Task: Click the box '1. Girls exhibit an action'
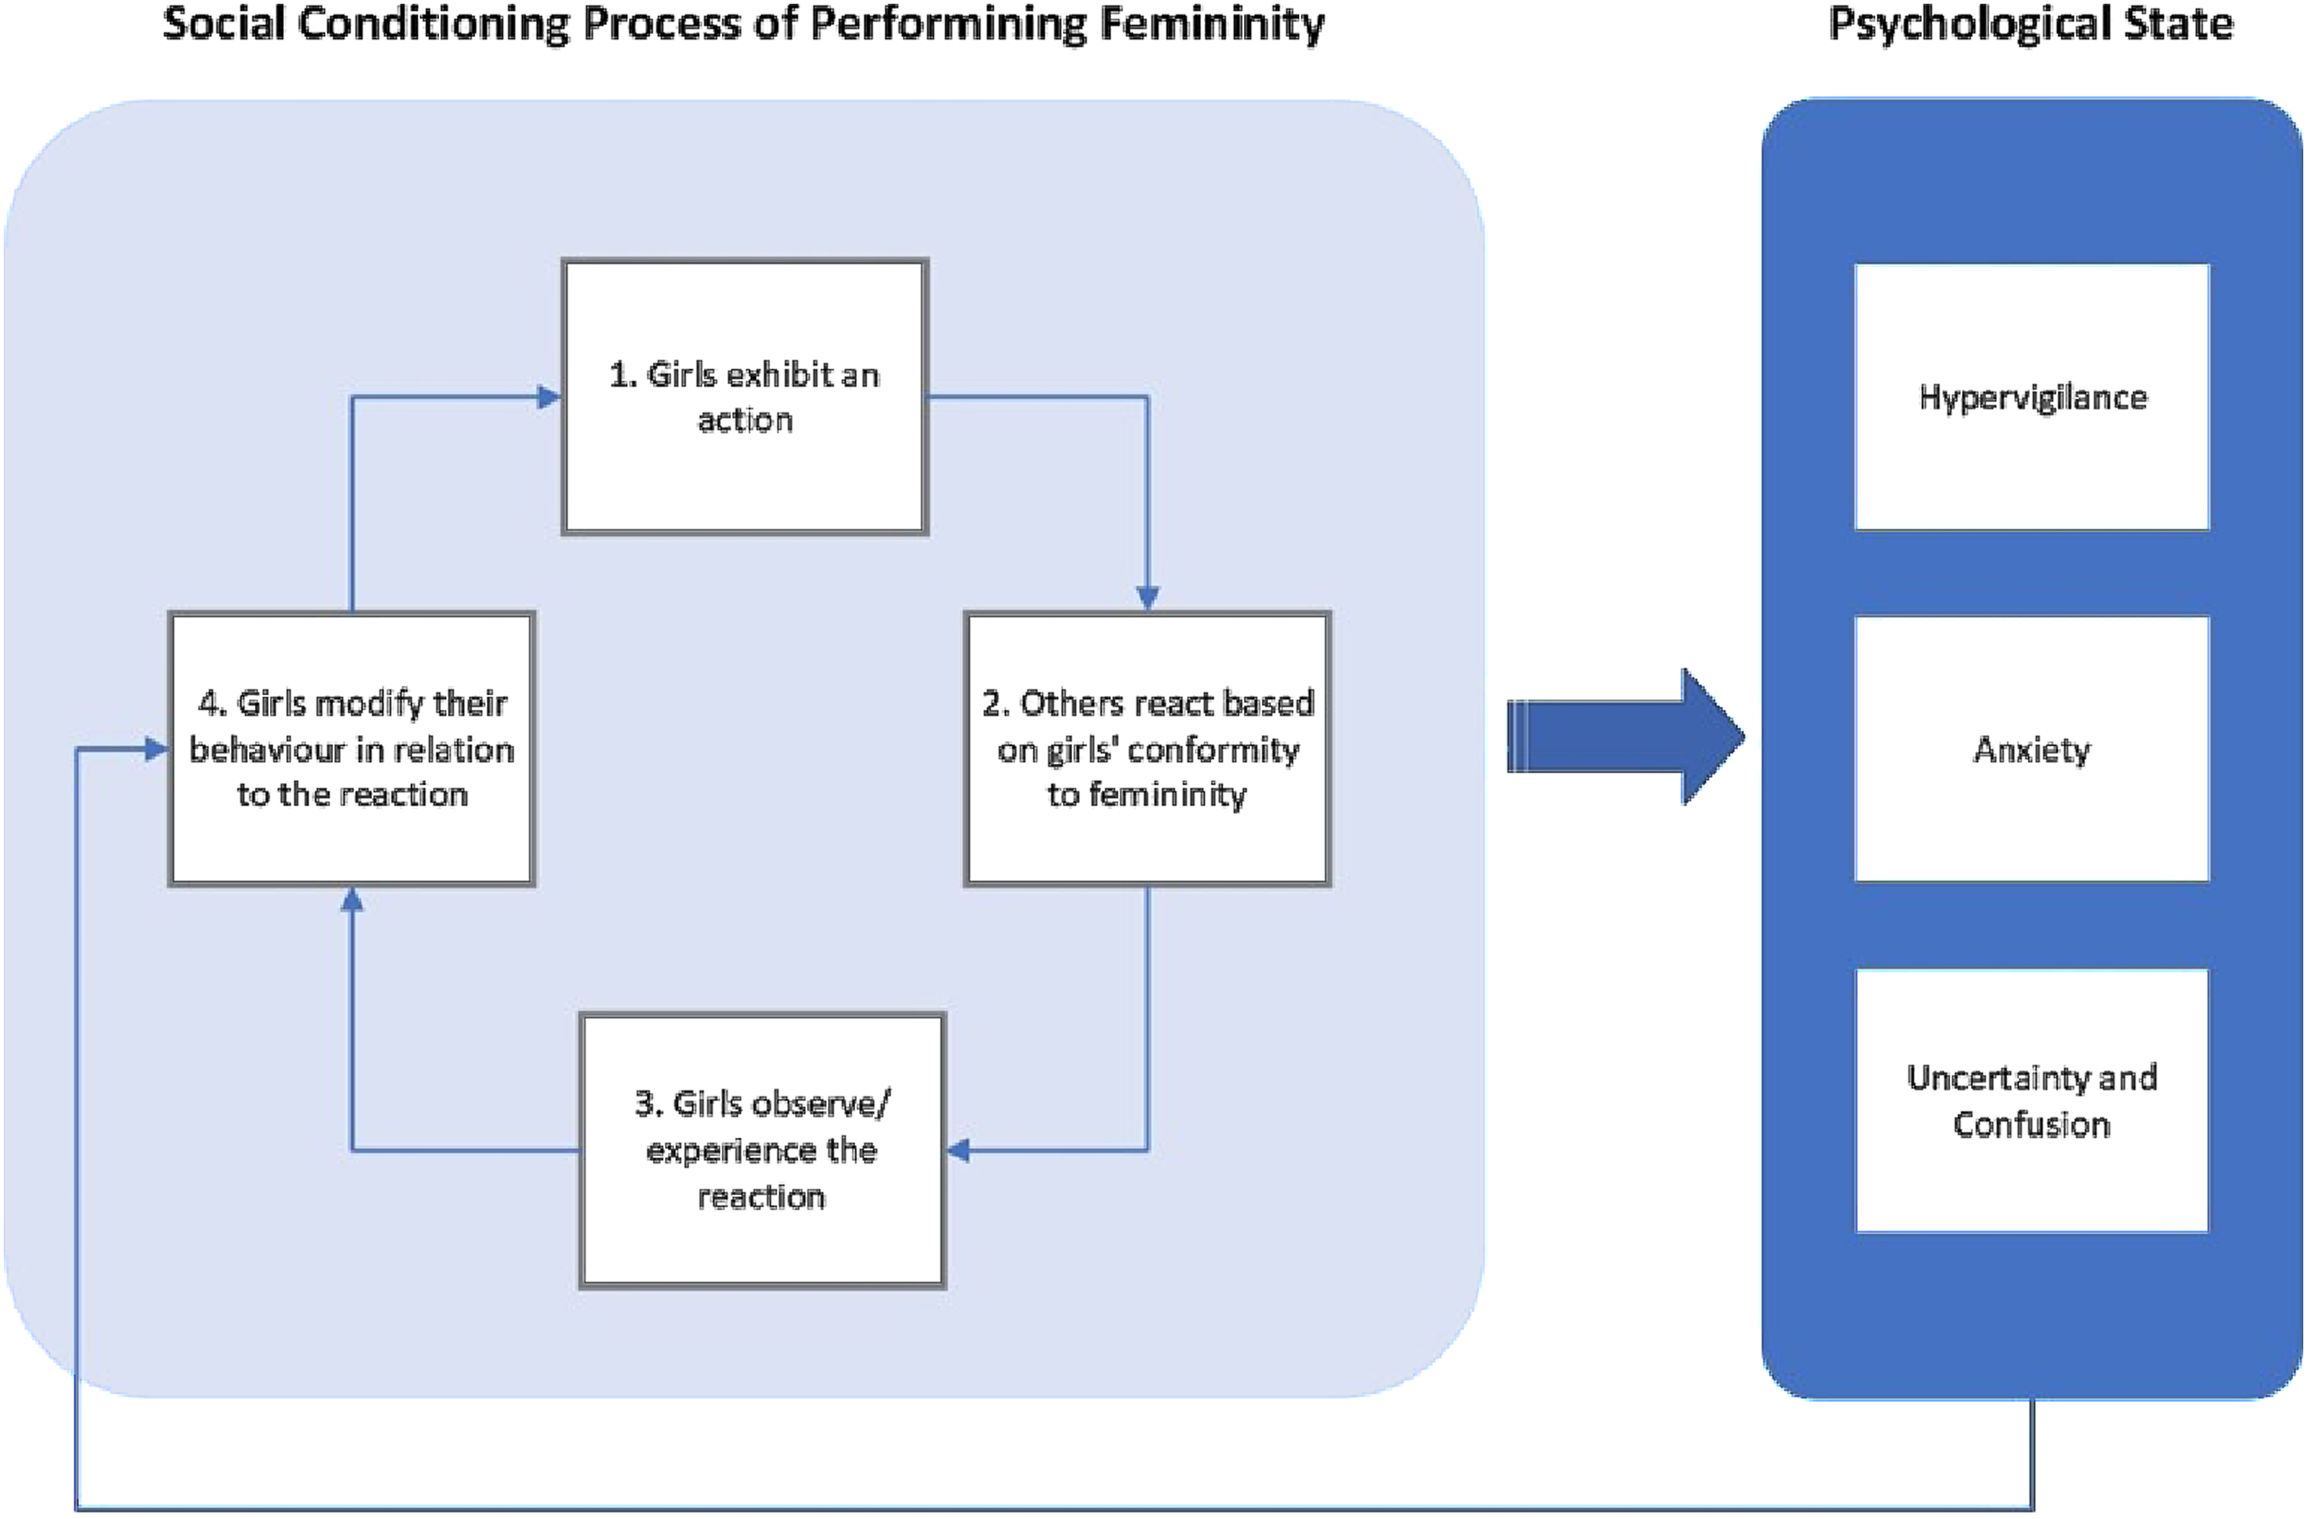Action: point(744,397)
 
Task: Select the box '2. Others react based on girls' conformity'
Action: point(1148,748)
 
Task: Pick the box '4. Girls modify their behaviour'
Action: point(352,748)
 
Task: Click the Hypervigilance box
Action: point(2032,397)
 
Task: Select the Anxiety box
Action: point(2032,748)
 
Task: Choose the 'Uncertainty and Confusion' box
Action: point(2032,1100)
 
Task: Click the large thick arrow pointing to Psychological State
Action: point(1626,737)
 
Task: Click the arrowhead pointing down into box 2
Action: point(1148,598)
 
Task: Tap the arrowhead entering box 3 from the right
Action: point(959,1151)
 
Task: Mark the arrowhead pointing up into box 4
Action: point(352,899)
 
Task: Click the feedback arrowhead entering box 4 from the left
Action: point(156,748)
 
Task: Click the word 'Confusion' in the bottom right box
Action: point(2032,1125)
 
